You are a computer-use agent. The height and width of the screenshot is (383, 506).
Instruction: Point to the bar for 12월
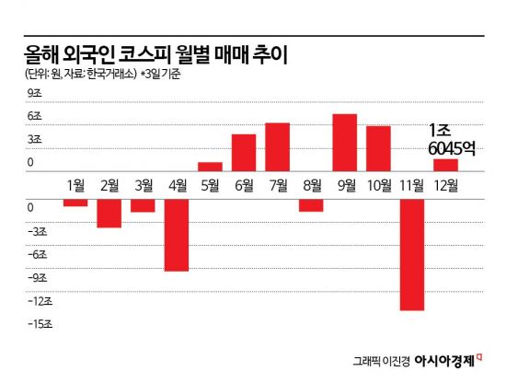pyautogui.click(x=446, y=165)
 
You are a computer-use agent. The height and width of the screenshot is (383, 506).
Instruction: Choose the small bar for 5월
pyautogui.click(x=210, y=167)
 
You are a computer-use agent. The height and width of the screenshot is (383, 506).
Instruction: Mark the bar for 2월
pyautogui.click(x=109, y=213)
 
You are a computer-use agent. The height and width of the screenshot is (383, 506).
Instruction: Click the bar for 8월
pyautogui.click(x=311, y=204)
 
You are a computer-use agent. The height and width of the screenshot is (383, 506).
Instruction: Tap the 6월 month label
pyautogui.click(x=244, y=184)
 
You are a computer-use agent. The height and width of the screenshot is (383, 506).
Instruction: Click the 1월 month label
pyautogui.click(x=75, y=184)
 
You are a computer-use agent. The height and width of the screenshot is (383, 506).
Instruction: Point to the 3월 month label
pyautogui.click(x=143, y=184)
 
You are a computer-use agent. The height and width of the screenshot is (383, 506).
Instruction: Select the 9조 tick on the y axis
pyautogui.click(x=34, y=93)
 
